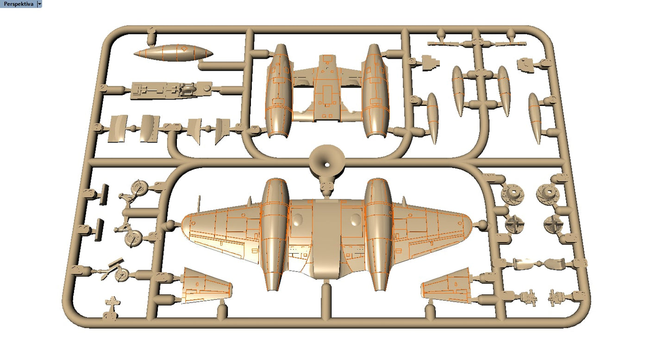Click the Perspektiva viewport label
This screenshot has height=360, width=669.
click(19, 4)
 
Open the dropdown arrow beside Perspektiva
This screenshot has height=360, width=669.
click(39, 4)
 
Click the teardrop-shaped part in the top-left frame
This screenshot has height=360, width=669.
click(173, 53)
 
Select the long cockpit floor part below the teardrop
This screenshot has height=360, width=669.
click(171, 90)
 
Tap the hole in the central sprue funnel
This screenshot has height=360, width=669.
click(327, 165)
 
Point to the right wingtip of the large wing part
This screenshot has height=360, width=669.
click(471, 223)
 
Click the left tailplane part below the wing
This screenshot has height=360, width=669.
click(206, 286)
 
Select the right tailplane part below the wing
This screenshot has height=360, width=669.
click(446, 286)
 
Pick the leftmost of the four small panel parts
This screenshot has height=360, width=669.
click(119, 128)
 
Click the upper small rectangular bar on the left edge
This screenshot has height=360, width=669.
click(104, 194)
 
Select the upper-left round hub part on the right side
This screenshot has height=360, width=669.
click(513, 194)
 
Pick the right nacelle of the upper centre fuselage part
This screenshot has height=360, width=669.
click(376, 91)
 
